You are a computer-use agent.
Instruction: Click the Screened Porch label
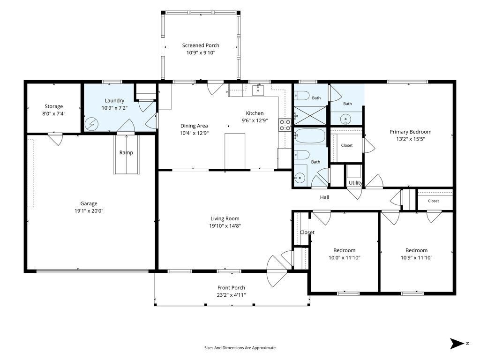[x=201, y=45]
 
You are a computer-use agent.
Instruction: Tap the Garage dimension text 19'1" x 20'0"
[x=89, y=211]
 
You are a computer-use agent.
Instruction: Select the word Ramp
[x=126, y=152]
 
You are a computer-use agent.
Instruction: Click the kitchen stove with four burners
[x=285, y=125]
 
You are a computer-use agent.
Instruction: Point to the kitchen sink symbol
[x=258, y=90]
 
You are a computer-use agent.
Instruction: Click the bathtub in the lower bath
[x=310, y=136]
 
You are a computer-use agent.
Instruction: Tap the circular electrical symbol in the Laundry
[x=91, y=124]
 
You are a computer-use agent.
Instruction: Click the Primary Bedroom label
[x=411, y=132]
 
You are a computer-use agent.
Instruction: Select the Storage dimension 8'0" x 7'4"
[x=54, y=114]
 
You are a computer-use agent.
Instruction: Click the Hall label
[x=324, y=197]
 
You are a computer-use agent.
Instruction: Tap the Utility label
[x=355, y=183]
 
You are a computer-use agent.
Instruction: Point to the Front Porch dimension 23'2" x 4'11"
[x=231, y=295]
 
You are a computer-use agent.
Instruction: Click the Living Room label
[x=225, y=218]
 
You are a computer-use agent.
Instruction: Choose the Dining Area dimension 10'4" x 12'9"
[x=194, y=133]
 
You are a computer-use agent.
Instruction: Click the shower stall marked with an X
[x=310, y=115]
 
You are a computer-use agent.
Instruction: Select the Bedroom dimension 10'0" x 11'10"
[x=345, y=258]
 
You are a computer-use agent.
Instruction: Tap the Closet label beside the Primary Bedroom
[x=347, y=145]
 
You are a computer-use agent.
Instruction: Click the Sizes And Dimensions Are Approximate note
[x=240, y=348]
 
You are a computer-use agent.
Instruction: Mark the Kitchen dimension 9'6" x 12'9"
[x=255, y=120]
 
